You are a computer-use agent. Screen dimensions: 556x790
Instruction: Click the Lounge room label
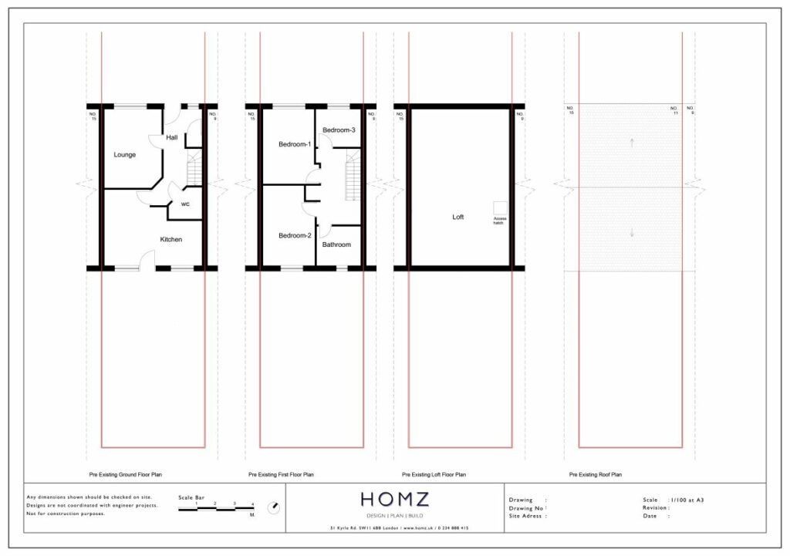pos(125,155)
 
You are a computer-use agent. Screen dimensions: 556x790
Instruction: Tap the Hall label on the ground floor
pos(171,137)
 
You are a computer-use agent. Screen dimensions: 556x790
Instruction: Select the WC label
pos(186,204)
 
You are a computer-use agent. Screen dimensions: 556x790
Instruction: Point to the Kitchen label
pos(170,240)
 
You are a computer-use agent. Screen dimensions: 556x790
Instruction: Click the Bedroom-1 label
pos(294,144)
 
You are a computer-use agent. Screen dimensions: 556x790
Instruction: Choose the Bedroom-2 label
pos(294,235)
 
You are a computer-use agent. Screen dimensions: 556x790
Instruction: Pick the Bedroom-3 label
pos(339,130)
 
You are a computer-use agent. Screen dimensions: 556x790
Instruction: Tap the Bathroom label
pos(336,245)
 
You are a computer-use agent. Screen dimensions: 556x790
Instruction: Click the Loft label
pos(458,217)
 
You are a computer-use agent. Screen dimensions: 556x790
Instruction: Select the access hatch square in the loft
pos(500,208)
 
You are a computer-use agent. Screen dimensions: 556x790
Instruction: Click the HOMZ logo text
pos(398,499)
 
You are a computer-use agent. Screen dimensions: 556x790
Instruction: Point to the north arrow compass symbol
pos(273,507)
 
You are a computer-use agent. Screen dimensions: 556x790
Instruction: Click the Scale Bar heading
pos(192,497)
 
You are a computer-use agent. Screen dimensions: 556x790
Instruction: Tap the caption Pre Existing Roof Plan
pos(595,475)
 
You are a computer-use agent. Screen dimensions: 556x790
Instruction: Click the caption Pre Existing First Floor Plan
pos(281,475)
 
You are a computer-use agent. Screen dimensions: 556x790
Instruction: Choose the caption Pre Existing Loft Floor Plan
pos(434,475)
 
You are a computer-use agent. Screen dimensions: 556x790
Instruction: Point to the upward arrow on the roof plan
pos(631,142)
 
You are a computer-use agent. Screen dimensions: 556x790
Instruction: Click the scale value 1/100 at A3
pos(687,500)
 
